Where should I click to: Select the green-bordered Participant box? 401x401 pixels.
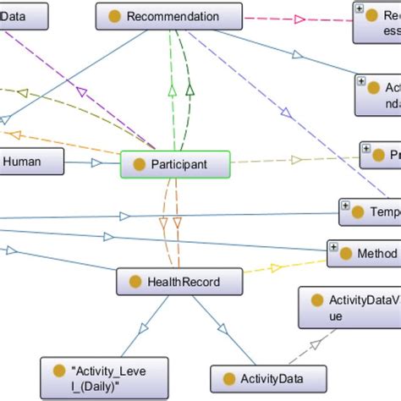(x=176, y=165)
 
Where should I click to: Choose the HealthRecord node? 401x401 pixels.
(x=179, y=282)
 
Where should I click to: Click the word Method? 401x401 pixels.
(x=377, y=253)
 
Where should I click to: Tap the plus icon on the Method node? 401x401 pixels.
(x=333, y=248)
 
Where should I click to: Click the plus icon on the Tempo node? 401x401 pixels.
(x=345, y=206)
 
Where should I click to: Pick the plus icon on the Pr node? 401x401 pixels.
(x=365, y=148)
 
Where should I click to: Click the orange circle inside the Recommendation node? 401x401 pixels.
(x=114, y=17)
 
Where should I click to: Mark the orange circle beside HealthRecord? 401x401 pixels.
(x=134, y=282)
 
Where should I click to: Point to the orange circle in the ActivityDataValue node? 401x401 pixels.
(x=317, y=300)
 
